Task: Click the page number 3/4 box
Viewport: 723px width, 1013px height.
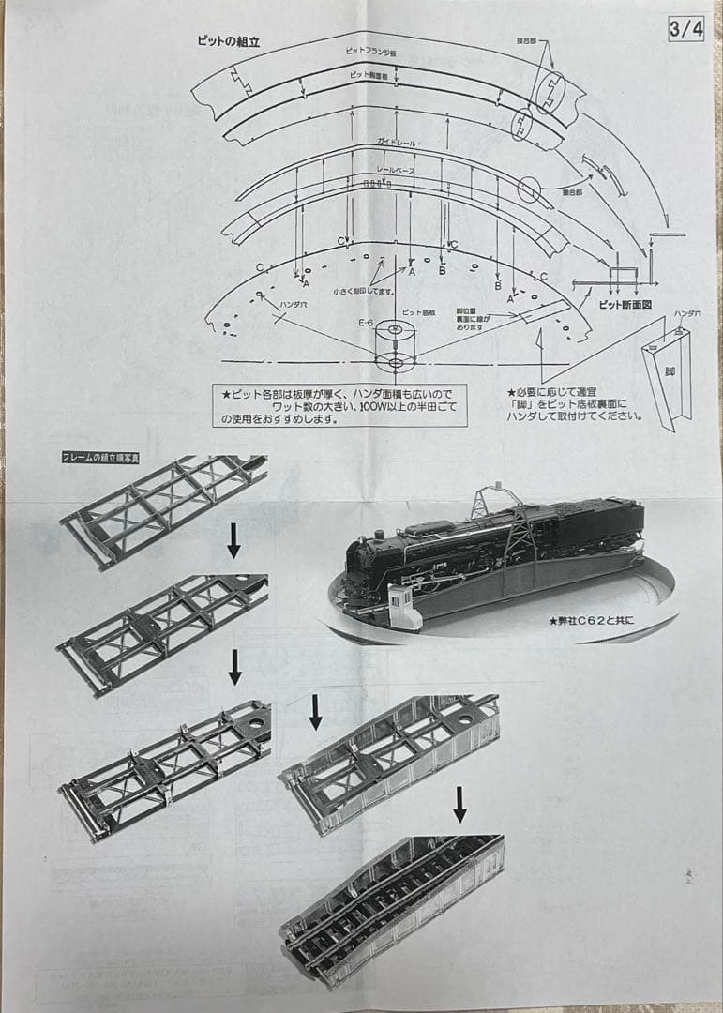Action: click(x=685, y=29)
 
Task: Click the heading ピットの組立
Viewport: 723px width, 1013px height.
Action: click(x=228, y=41)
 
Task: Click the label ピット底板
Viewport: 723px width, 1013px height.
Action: click(x=417, y=311)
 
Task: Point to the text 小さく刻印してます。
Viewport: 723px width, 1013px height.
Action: click(x=364, y=292)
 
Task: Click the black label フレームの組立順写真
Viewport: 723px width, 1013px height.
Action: click(x=100, y=458)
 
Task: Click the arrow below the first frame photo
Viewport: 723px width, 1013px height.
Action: click(x=234, y=541)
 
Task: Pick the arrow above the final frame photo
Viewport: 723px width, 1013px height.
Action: click(x=459, y=804)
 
